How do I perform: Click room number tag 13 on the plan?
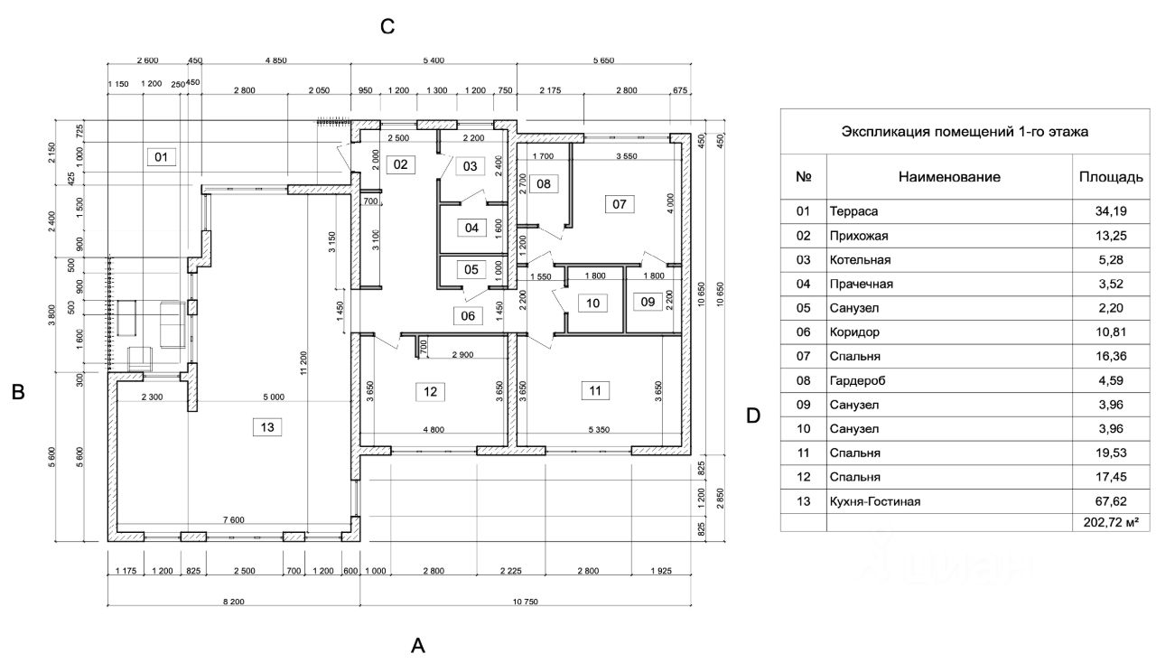point(266,427)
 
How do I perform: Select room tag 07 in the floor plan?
point(619,204)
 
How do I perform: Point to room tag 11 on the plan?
point(593,391)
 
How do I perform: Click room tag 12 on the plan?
point(430,391)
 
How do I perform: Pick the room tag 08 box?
point(544,184)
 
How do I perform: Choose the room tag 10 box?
point(592,303)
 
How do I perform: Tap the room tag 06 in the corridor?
point(468,315)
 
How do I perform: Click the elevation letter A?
point(417,645)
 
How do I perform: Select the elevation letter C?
point(387,27)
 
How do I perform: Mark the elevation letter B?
point(17,393)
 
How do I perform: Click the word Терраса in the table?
point(853,212)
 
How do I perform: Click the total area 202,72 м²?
point(1110,522)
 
